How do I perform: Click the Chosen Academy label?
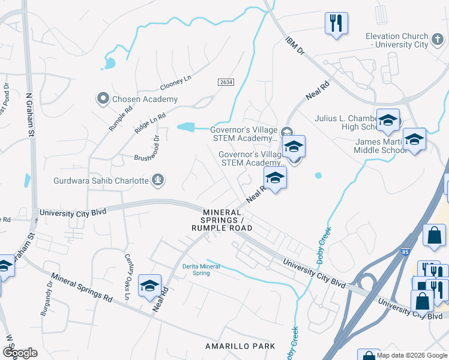144,99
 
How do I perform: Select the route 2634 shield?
224,82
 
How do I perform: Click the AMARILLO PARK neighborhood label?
240,346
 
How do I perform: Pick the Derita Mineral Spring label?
201,269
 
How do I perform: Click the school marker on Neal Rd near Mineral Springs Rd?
149,285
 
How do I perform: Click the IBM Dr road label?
295,45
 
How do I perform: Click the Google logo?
19,353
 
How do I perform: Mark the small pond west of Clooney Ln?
110,62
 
